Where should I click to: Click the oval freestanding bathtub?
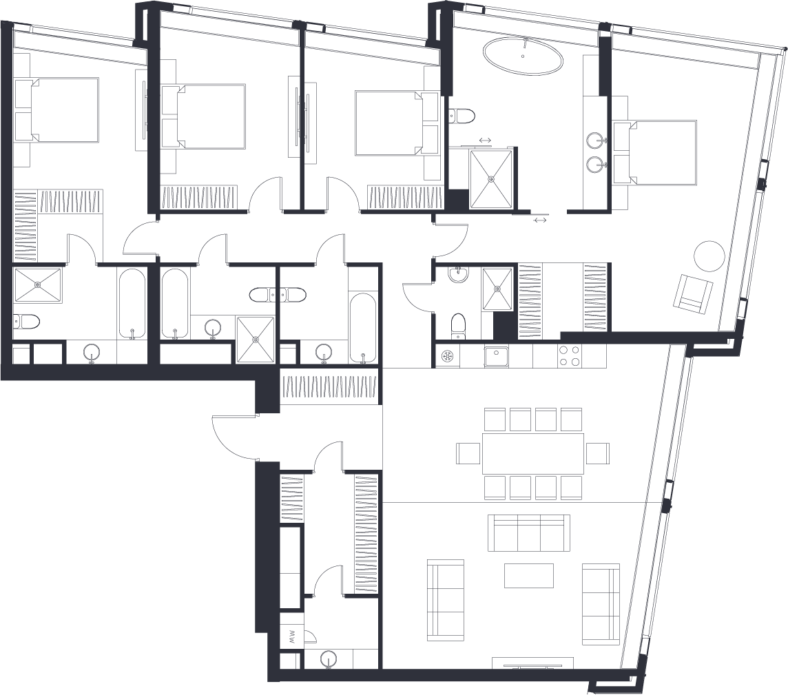(x=523, y=56)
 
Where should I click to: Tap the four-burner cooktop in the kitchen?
(x=570, y=356)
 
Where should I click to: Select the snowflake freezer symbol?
(x=447, y=356)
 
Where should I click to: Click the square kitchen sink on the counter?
(x=496, y=356)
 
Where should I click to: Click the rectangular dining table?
(x=533, y=453)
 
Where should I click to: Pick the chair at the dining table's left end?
(x=468, y=453)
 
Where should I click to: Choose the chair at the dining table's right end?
(x=597, y=453)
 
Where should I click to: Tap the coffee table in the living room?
(x=529, y=575)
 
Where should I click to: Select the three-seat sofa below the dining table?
(x=529, y=533)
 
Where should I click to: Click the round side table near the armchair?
(x=709, y=256)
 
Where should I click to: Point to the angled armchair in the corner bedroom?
(x=693, y=293)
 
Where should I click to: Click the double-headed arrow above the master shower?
(x=485, y=141)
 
